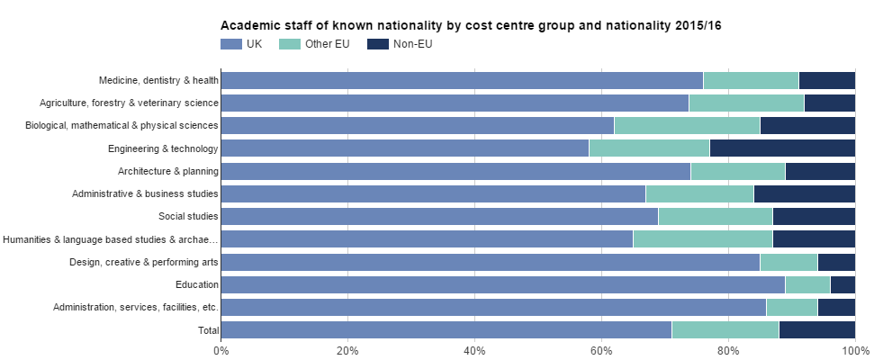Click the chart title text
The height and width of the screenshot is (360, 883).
(471, 26)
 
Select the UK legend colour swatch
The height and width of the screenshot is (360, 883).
(231, 44)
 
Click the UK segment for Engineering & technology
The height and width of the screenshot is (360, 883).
(404, 148)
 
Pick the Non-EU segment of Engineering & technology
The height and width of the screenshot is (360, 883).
(782, 148)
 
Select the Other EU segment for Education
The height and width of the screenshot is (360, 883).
(807, 284)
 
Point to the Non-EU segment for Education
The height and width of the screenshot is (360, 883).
(842, 284)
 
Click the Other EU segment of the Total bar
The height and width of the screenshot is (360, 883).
(725, 330)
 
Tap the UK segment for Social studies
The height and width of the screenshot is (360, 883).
(439, 216)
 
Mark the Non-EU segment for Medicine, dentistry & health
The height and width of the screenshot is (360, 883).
(827, 80)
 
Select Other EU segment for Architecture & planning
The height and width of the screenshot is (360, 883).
(738, 171)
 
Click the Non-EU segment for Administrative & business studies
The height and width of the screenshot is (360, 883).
(805, 193)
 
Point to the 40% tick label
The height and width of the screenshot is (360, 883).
(474, 350)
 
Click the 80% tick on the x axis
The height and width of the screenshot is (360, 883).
(728, 350)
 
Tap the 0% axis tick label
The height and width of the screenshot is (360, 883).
(221, 350)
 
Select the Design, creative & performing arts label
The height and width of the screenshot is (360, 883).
(144, 262)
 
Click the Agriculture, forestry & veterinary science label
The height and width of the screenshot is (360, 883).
(129, 103)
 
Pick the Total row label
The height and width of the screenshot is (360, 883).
(208, 330)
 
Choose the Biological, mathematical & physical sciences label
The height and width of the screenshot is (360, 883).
(122, 125)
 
